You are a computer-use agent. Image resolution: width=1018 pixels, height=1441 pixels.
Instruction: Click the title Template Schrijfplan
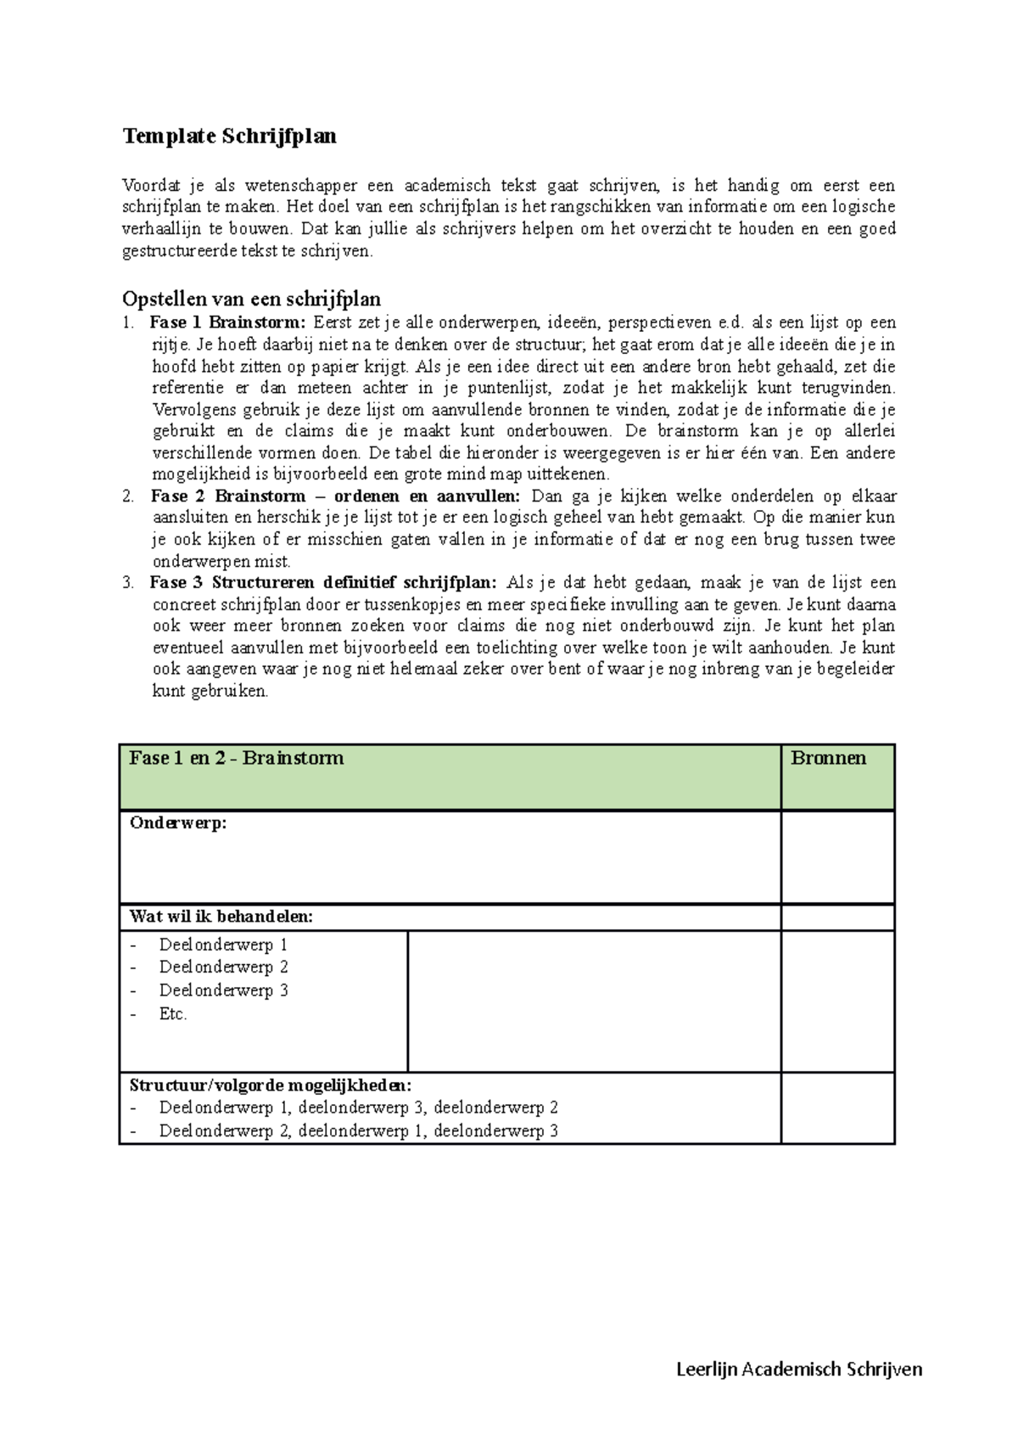229,136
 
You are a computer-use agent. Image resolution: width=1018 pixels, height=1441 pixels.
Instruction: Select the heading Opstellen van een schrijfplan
251,299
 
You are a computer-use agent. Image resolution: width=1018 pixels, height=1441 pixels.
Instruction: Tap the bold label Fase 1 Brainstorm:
227,322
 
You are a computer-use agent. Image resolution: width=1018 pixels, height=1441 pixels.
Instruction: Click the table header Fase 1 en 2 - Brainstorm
236,758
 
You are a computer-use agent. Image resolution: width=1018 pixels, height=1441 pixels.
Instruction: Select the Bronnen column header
828,758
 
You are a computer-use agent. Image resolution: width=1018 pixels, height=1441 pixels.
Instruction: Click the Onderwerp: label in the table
178,822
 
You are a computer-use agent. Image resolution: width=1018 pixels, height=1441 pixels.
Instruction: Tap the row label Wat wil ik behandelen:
221,917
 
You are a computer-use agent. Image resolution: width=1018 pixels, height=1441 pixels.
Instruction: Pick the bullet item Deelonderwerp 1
223,945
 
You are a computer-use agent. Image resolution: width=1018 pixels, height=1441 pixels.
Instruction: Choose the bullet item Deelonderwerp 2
223,967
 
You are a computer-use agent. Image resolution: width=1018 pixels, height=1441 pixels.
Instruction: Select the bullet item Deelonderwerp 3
223,990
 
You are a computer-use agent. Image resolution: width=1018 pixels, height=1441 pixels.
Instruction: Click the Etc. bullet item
173,1013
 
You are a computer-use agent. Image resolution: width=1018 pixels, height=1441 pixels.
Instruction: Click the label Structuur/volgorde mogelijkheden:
271,1085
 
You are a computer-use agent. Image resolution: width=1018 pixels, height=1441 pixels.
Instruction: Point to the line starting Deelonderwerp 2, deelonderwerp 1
358,1130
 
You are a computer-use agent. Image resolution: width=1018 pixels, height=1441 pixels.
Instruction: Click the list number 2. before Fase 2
128,496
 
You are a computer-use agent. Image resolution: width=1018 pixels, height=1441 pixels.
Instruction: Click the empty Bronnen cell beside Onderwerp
837,857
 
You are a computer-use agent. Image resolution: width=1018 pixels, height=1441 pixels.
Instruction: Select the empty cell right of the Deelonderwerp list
594,1001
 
